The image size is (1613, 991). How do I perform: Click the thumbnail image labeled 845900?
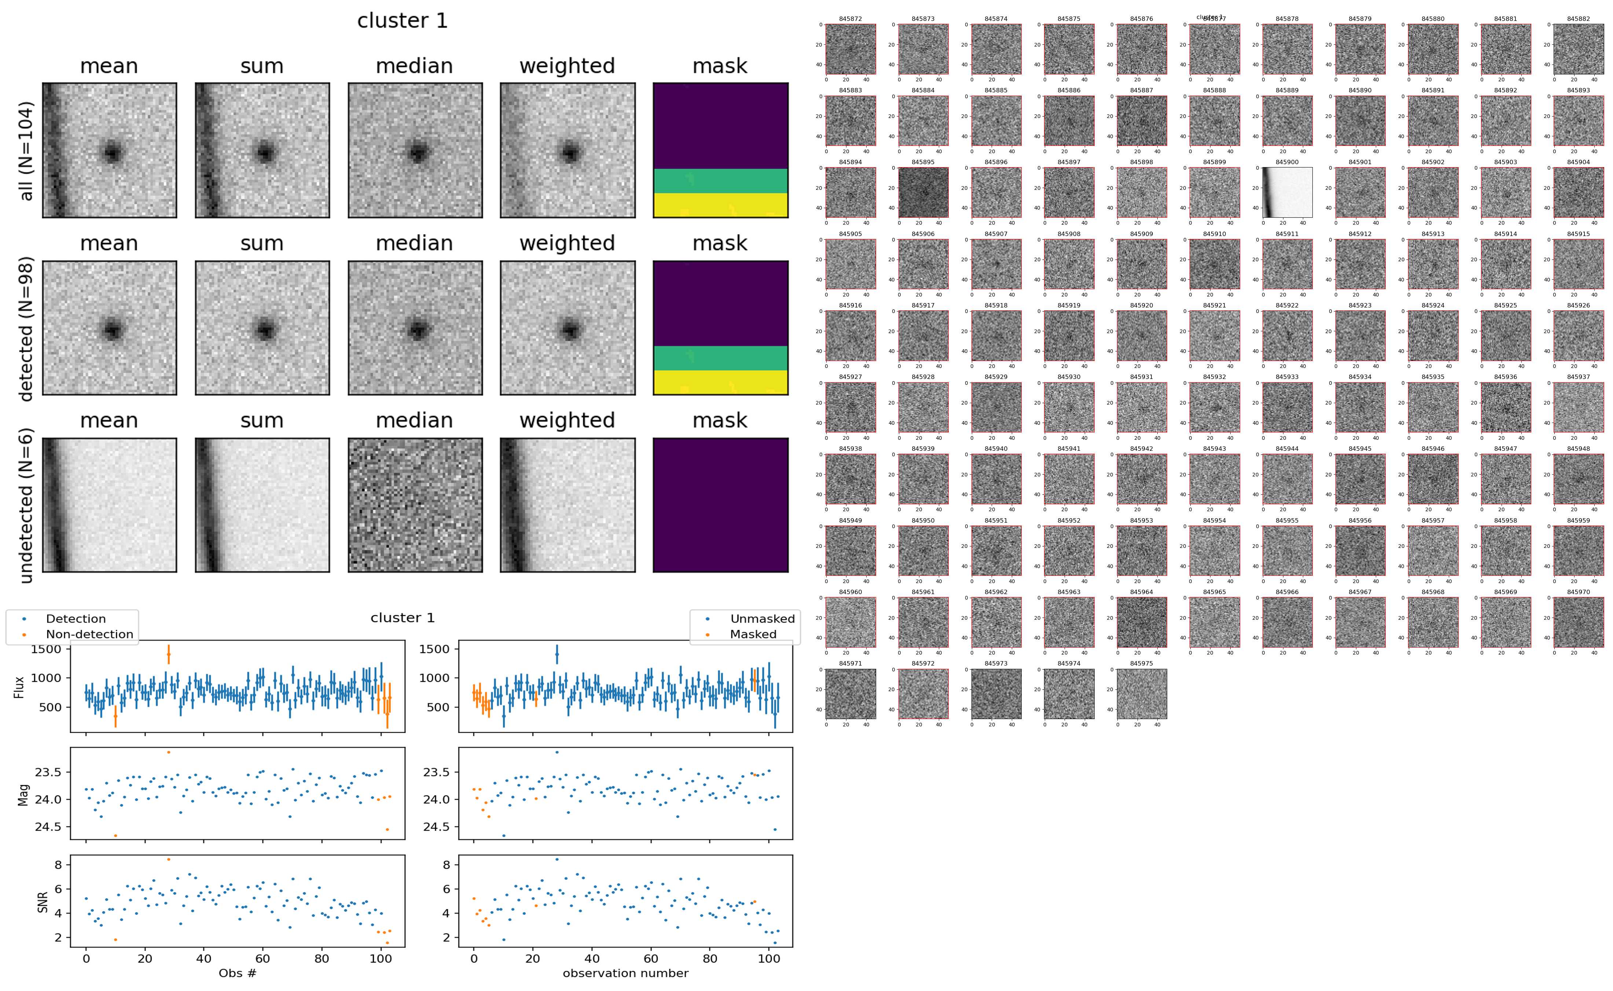coord(1287,192)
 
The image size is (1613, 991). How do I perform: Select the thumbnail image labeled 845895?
coord(923,192)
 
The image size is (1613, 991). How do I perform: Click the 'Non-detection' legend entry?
coord(89,634)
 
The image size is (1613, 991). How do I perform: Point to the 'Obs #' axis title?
coord(237,973)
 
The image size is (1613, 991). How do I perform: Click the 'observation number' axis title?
coord(625,973)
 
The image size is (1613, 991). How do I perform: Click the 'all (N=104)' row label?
coord(26,151)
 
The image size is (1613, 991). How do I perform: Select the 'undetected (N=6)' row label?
coord(26,505)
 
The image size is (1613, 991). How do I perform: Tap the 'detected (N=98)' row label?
coord(26,328)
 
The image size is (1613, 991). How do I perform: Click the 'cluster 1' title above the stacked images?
coord(402,21)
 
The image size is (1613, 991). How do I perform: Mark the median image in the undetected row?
coord(415,505)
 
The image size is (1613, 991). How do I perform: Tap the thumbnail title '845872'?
coord(850,19)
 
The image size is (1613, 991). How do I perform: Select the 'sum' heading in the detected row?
coord(261,243)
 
